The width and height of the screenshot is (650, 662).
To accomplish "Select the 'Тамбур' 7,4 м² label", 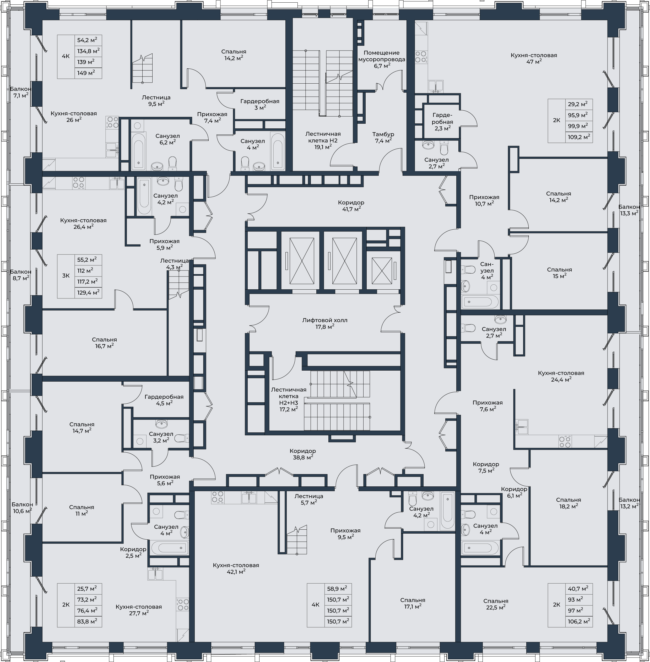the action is click(383, 137).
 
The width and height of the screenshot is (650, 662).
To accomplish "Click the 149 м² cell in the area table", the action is click(88, 73).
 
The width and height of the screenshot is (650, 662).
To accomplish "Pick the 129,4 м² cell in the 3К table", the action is click(88, 292).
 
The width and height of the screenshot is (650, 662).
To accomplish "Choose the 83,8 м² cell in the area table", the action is click(88, 621).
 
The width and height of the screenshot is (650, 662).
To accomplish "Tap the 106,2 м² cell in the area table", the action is click(579, 621).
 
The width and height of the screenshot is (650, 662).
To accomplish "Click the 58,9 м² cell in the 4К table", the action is click(338, 589).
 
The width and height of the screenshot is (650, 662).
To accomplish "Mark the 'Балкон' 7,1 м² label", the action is click(20, 92).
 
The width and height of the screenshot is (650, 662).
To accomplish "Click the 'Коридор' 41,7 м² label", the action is click(351, 205).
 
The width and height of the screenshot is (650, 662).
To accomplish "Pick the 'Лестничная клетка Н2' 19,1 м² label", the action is click(323, 140).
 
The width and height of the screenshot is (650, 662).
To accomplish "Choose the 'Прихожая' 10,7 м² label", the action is click(484, 200).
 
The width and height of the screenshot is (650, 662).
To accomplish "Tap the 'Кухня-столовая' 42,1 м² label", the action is click(236, 568).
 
